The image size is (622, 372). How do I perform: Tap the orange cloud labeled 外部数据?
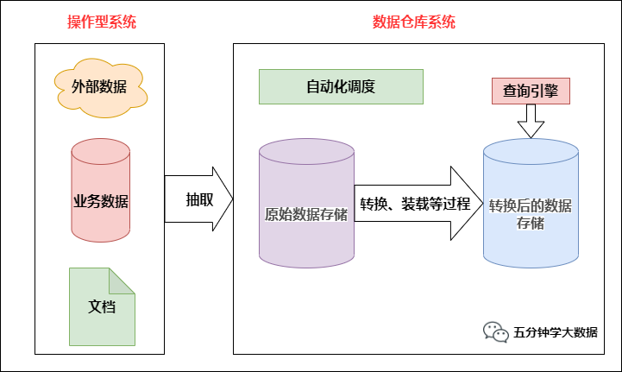pyautogui.click(x=102, y=87)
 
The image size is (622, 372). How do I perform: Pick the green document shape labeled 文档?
pyautogui.click(x=102, y=307)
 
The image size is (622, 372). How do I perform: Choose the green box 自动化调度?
pyautogui.click(x=341, y=87)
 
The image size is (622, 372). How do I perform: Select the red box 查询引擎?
pyautogui.click(x=531, y=89)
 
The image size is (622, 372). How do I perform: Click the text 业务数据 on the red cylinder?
pyautogui.click(x=101, y=202)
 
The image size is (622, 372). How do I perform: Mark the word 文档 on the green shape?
pyautogui.click(x=102, y=306)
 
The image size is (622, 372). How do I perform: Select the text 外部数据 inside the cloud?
pyautogui.click(x=102, y=87)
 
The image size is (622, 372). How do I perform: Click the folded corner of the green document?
pyautogui.click(x=123, y=280)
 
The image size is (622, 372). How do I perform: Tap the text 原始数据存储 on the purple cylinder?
pyautogui.click(x=306, y=214)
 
